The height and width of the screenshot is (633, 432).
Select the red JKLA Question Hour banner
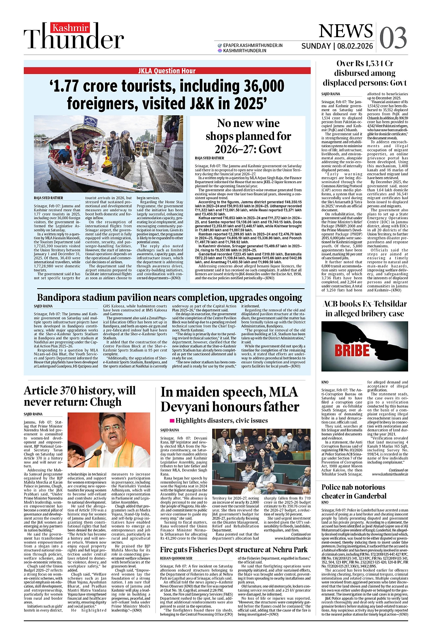[167, 71]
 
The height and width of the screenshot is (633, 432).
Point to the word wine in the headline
[267, 123]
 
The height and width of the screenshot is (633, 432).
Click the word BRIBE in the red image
[352, 349]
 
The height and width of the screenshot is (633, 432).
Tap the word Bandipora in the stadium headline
[61, 297]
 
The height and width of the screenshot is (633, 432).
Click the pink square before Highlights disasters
[172, 421]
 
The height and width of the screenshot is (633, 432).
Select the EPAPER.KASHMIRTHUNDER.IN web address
[253, 45]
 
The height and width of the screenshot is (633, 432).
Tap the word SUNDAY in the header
[316, 46]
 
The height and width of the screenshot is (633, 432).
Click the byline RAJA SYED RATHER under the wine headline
[210, 158]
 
